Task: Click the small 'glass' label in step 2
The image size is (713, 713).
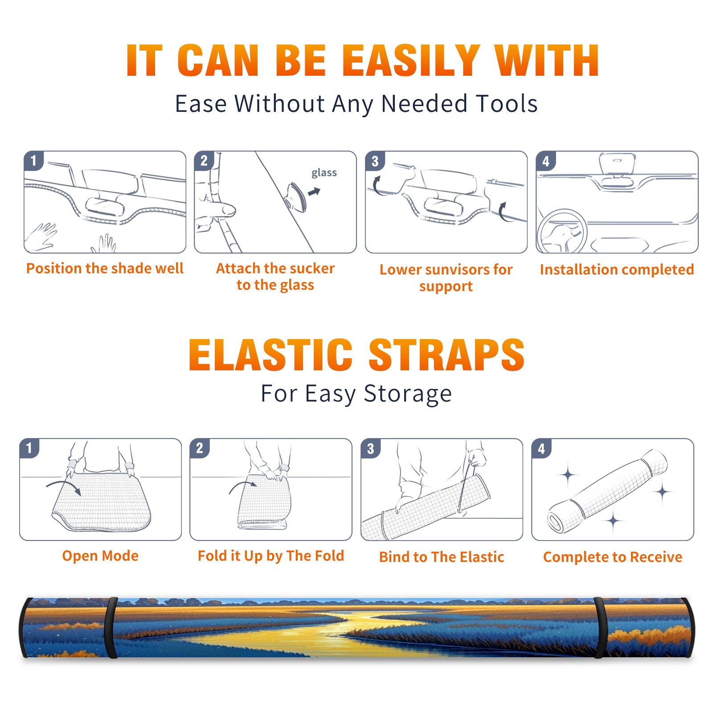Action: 324,173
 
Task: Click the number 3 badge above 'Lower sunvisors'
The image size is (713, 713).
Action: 374,160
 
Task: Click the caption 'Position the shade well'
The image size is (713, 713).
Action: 105,268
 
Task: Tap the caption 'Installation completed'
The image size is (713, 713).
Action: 617,269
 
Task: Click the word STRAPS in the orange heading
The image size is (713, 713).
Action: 447,355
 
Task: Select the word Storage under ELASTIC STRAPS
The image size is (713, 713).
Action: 408,394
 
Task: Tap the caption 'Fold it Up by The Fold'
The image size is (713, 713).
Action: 271,556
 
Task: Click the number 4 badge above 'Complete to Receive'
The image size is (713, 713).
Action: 541,448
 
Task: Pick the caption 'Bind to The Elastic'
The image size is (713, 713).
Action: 442,557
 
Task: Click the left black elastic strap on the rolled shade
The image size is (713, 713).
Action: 111,627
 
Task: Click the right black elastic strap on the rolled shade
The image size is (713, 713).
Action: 600,627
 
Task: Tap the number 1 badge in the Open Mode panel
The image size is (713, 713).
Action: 29,448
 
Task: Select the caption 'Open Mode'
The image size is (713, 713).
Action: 100,556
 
